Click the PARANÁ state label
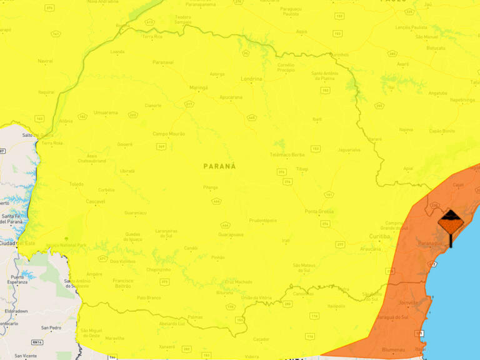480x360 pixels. point(219,166)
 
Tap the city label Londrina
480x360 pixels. point(251,79)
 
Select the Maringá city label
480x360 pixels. point(197,87)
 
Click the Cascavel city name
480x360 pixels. point(95,202)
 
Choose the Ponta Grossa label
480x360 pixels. point(319,212)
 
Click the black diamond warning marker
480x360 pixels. point(450,222)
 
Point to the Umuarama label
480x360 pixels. point(106,112)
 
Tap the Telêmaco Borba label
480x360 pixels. point(286,154)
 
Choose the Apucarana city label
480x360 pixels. point(231,97)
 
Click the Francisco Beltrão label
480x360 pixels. point(123,284)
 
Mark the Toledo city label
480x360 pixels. point(76,184)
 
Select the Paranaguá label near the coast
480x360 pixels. point(430,244)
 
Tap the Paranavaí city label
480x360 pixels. point(162,62)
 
